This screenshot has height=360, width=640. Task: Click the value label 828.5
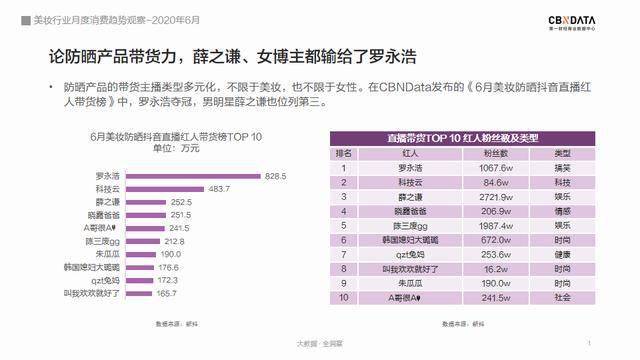click(x=276, y=175)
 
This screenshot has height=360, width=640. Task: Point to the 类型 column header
click(x=562, y=153)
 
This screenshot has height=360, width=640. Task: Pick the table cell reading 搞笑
click(x=562, y=168)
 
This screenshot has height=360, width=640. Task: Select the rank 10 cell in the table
click(x=343, y=298)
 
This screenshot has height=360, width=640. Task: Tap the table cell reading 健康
click(x=562, y=254)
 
